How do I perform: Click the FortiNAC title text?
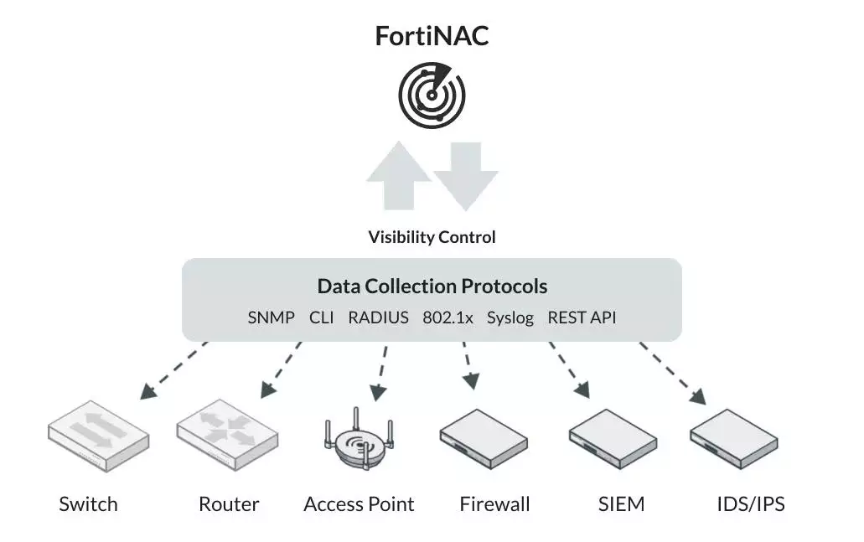[431, 36]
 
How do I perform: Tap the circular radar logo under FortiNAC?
[431, 95]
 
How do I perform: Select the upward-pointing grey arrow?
[398, 175]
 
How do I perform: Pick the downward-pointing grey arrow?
[466, 175]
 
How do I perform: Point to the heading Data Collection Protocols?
[432, 286]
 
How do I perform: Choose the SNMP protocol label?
[271, 317]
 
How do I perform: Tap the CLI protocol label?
[321, 317]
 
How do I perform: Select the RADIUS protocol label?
[378, 317]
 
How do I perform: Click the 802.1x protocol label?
[448, 317]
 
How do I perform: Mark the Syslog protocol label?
[510, 317]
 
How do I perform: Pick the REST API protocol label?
[582, 317]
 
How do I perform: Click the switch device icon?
[98, 436]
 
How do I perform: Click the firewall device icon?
[484, 436]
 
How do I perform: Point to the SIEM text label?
[621, 504]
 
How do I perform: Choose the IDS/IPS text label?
[751, 504]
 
